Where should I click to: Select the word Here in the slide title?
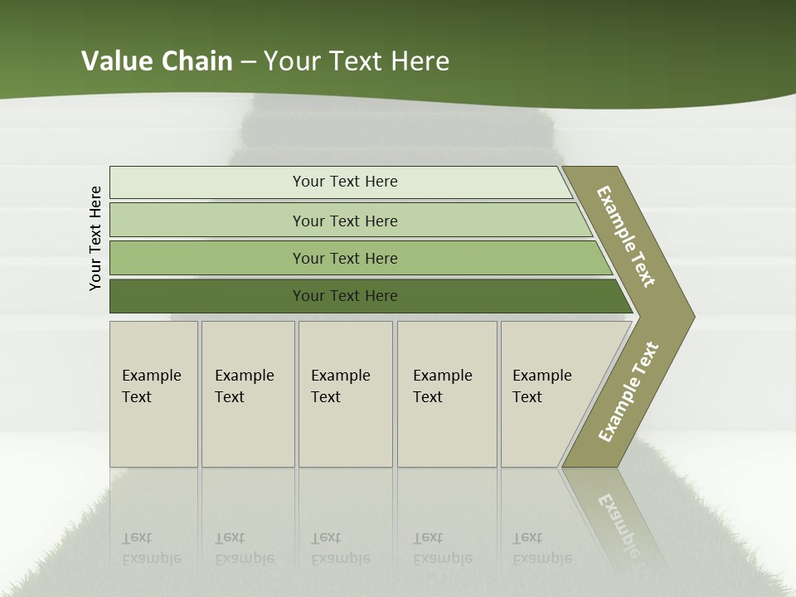tap(420, 61)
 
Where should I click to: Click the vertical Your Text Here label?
tap(95, 238)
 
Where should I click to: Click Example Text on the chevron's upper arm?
tap(626, 236)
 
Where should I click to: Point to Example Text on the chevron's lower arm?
tap(629, 392)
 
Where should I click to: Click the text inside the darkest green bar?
tap(345, 296)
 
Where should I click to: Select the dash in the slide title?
tap(248, 62)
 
